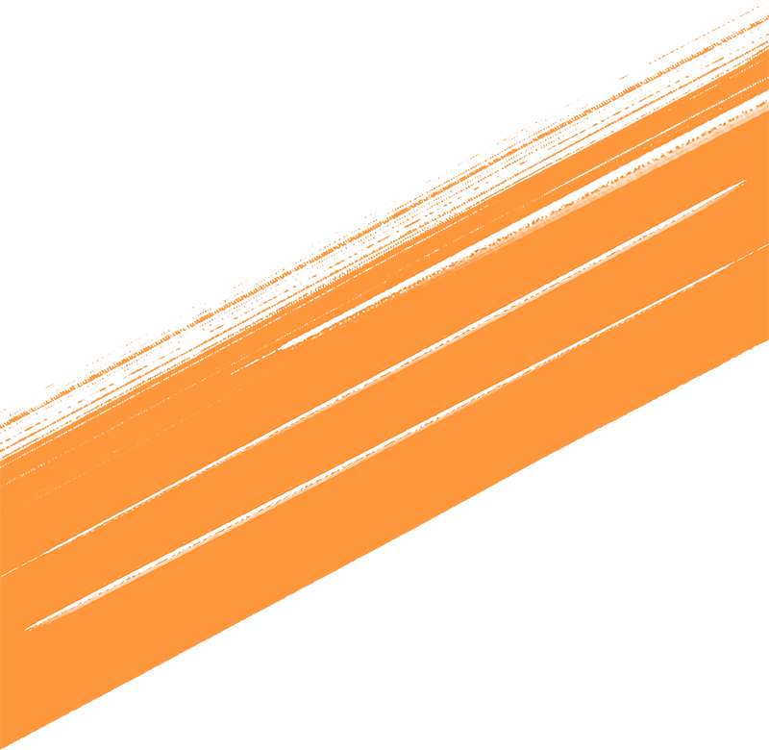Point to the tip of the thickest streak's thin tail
(232, 373)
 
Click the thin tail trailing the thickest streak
(255, 362)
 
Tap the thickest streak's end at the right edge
(765, 96)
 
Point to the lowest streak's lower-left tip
(27, 629)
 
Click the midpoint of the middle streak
(373, 379)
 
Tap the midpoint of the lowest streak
(396, 437)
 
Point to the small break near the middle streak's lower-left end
(38, 557)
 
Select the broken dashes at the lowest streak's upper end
(745, 255)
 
